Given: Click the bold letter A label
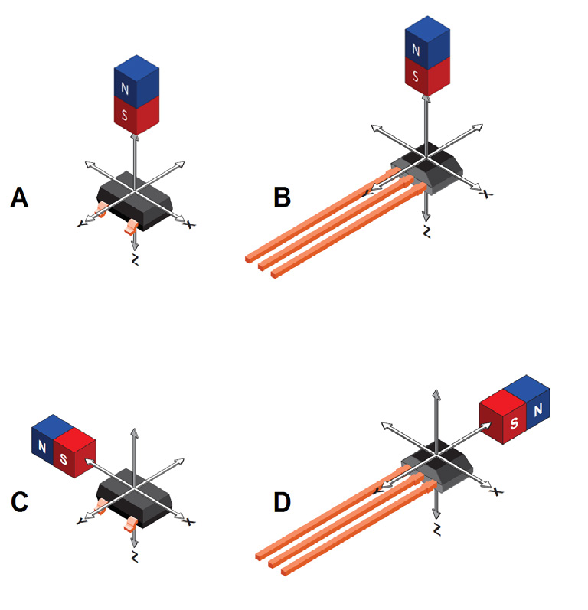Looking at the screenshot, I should coord(20,198).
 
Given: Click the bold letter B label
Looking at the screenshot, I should coord(282,197).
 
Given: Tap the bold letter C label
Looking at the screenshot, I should coord(21,502).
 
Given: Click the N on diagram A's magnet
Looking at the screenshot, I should coord(123,88).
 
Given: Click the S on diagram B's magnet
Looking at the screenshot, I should coord(416,77).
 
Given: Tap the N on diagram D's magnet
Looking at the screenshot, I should coord(537,411).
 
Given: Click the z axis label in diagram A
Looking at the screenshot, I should coord(136,260).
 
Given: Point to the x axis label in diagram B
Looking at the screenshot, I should coord(484,194).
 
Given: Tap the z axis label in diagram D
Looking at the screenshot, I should coord(436,529).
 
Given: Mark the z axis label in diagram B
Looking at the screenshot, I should coord(426,231).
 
